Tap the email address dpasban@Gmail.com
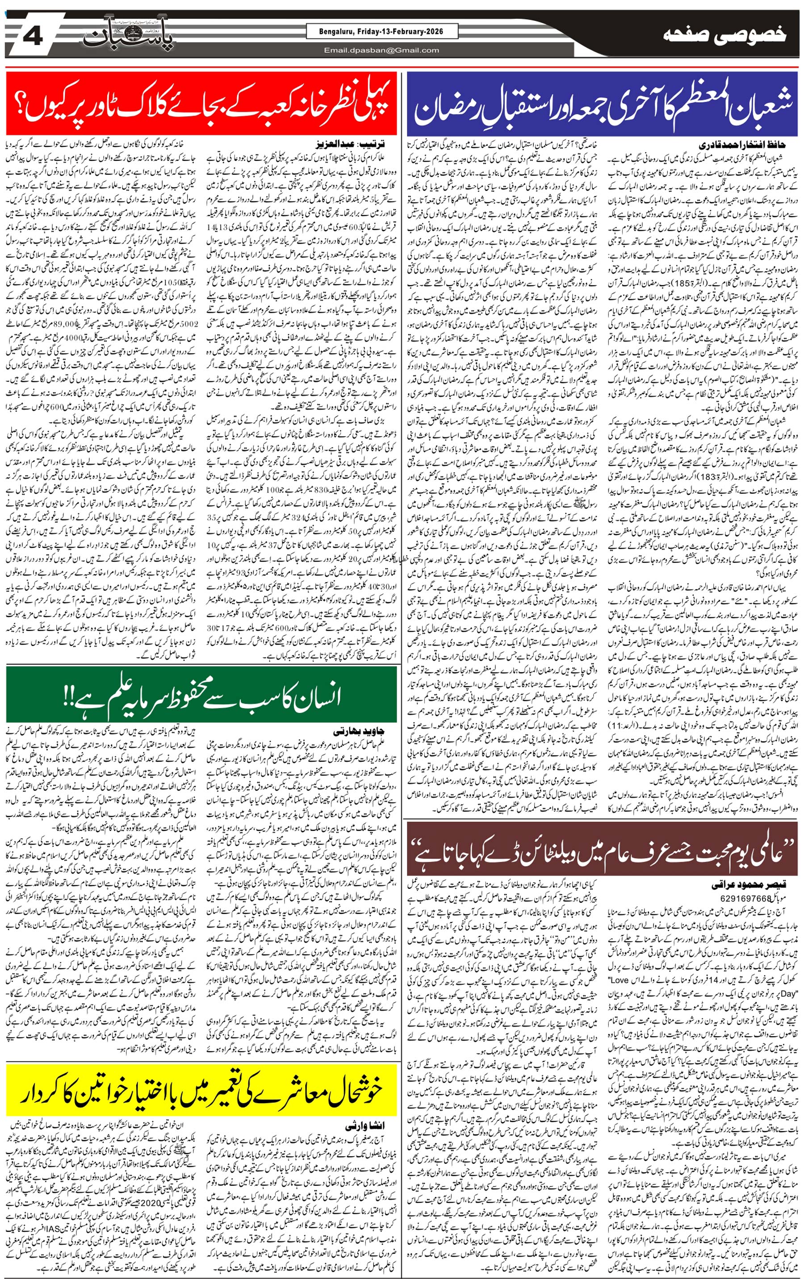[381, 50]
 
